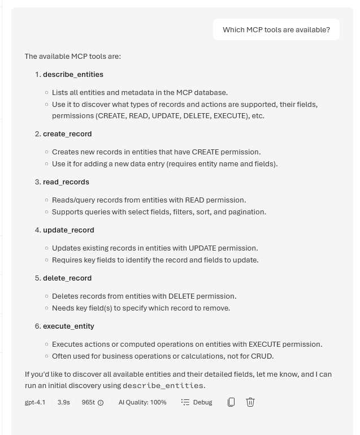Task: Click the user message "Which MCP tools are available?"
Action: coord(276,30)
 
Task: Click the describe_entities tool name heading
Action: coord(73,75)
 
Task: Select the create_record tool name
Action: coord(67,134)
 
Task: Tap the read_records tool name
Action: coord(66,182)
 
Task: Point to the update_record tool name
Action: coord(68,230)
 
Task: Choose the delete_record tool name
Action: coord(67,278)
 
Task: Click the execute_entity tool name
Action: coord(68,326)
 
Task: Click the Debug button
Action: coord(197,402)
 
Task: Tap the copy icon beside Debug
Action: coord(231,402)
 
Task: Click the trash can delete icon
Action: coord(250,402)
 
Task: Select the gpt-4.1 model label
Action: coord(35,402)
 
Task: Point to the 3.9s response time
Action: coord(63,402)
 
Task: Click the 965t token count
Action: coord(88,402)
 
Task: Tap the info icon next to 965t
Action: coord(101,403)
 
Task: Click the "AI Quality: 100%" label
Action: coord(142,402)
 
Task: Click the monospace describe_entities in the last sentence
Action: coord(163,386)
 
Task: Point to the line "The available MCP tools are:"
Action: coord(73,57)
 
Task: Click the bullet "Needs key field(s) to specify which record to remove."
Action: coord(141,308)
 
